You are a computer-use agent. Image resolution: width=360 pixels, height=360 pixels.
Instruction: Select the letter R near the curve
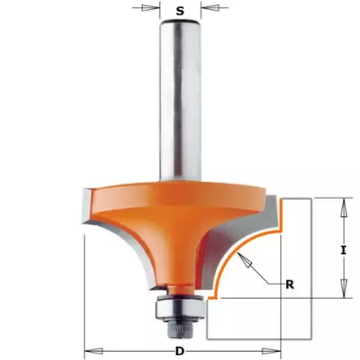pos(288,284)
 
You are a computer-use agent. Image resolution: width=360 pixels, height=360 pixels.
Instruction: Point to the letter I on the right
pos(345,249)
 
